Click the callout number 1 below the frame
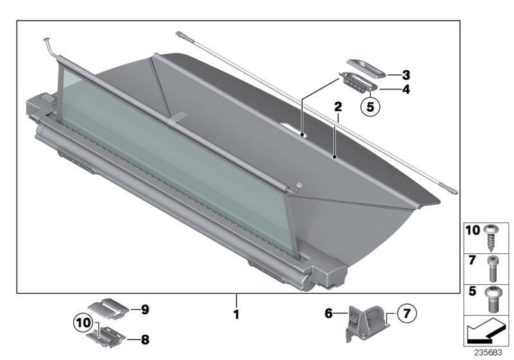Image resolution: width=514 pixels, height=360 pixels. tap(236, 316)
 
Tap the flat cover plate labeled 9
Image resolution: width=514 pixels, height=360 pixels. tap(107, 308)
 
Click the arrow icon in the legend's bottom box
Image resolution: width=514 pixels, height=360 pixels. tap(486, 332)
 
